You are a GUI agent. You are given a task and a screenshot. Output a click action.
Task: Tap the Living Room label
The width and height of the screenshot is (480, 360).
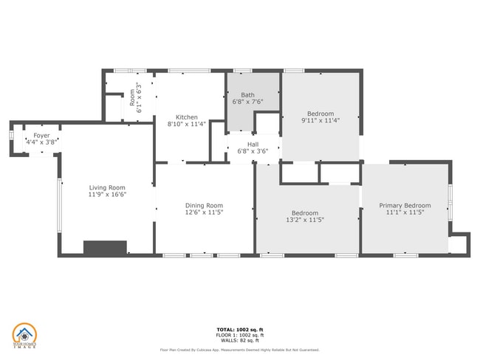click(108, 187)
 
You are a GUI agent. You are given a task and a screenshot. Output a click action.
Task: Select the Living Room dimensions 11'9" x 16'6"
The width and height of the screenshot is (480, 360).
click(108, 195)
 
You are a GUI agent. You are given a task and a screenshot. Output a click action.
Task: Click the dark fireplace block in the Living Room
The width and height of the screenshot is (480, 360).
click(105, 248)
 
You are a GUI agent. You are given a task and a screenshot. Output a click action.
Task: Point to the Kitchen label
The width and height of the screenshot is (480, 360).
click(186, 117)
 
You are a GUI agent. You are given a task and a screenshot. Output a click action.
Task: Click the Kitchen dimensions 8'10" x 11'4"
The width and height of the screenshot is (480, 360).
click(186, 125)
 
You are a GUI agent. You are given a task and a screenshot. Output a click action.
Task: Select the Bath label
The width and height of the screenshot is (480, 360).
click(247, 94)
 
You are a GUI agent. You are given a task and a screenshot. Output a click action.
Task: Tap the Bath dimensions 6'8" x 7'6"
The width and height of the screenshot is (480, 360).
click(247, 102)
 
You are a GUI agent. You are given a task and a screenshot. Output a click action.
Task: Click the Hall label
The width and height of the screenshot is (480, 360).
click(253, 145)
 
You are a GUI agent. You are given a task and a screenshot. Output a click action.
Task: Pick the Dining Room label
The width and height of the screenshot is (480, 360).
click(204, 206)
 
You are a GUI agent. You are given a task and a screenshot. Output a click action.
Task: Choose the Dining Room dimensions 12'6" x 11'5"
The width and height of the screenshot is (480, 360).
click(204, 213)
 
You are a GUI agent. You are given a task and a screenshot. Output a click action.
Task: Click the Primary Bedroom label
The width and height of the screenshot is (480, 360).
click(405, 205)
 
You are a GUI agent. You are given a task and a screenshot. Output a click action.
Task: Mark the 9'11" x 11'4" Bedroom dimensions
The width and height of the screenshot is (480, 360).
click(320, 120)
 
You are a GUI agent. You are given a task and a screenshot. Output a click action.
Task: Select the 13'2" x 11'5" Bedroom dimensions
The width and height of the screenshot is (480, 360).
click(306, 220)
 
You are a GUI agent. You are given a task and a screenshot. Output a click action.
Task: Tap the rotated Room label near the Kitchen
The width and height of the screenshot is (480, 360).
click(133, 97)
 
